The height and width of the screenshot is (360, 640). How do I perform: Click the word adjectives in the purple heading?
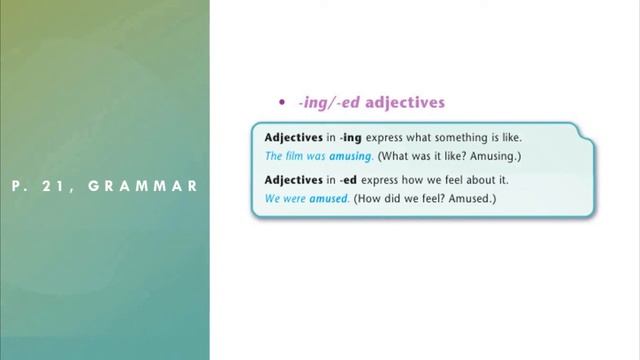(405, 102)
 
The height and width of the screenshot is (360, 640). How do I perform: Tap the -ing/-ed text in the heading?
(329, 102)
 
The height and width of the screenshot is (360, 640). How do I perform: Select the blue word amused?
(330, 199)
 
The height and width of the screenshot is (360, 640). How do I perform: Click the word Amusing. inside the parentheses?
(500, 157)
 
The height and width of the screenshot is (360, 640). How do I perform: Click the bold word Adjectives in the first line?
(294, 137)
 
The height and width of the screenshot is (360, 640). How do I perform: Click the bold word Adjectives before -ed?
(294, 180)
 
